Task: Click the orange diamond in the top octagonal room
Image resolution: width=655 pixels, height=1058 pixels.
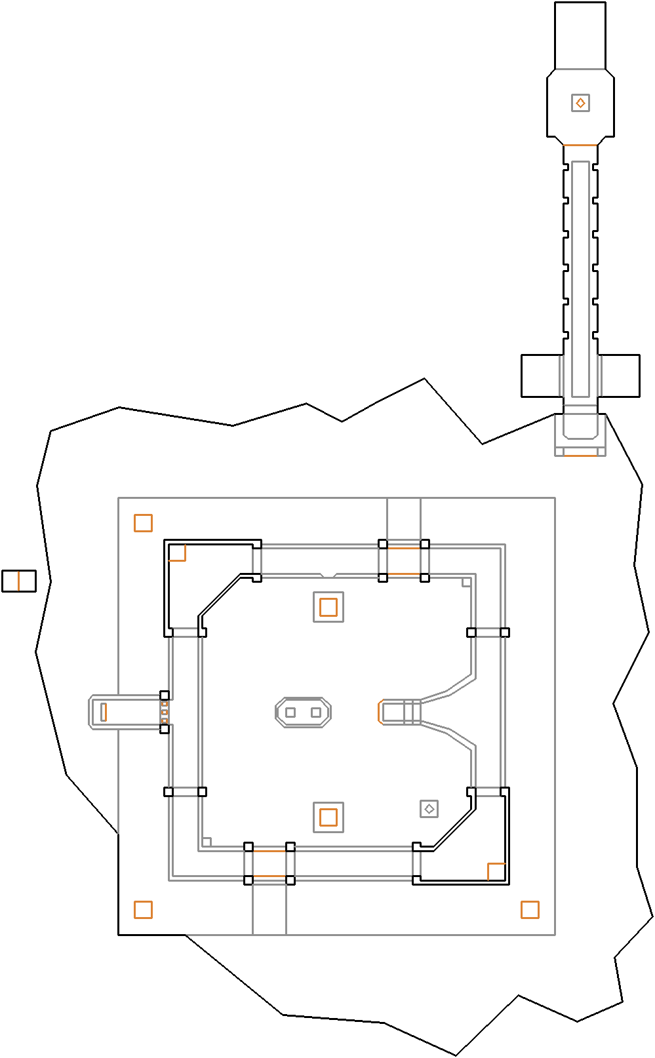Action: (580, 103)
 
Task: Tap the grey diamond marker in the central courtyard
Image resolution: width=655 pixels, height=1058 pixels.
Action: (429, 809)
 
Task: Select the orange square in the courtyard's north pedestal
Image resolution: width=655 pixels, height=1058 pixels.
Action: (328, 607)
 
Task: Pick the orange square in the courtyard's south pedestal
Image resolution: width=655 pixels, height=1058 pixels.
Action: (328, 817)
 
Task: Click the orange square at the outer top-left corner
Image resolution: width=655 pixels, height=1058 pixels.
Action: (143, 523)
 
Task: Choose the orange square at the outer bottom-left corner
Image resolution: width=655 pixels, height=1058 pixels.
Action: (143, 910)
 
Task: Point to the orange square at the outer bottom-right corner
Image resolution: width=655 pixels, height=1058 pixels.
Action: (530, 910)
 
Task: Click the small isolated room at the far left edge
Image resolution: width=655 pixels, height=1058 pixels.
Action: (18, 581)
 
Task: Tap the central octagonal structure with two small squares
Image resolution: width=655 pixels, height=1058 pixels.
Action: (303, 713)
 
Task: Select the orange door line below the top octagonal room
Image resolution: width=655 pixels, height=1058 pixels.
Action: (580, 145)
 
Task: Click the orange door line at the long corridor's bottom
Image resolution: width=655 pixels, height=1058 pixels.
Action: (580, 455)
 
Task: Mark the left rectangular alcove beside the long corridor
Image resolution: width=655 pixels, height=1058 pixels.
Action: (540, 376)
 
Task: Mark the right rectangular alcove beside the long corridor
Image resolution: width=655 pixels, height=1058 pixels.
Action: (620, 376)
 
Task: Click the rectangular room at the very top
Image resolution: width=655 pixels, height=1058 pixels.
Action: (580, 35)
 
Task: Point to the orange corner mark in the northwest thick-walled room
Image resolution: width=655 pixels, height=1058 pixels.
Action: (178, 553)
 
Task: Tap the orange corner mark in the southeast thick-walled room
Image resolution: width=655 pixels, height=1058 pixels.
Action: (496, 871)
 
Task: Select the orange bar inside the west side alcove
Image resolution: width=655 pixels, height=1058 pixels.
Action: (104, 712)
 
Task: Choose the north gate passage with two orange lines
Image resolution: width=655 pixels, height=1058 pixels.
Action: (403, 561)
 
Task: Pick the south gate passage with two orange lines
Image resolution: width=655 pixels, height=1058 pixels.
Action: (269, 863)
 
